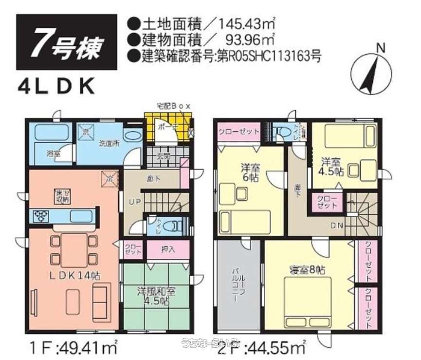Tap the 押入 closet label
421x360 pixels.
tap(167, 250)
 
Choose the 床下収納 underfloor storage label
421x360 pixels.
tap(62, 196)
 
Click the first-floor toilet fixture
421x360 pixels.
tap(169, 226)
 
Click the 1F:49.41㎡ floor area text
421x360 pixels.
tap(73, 348)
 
